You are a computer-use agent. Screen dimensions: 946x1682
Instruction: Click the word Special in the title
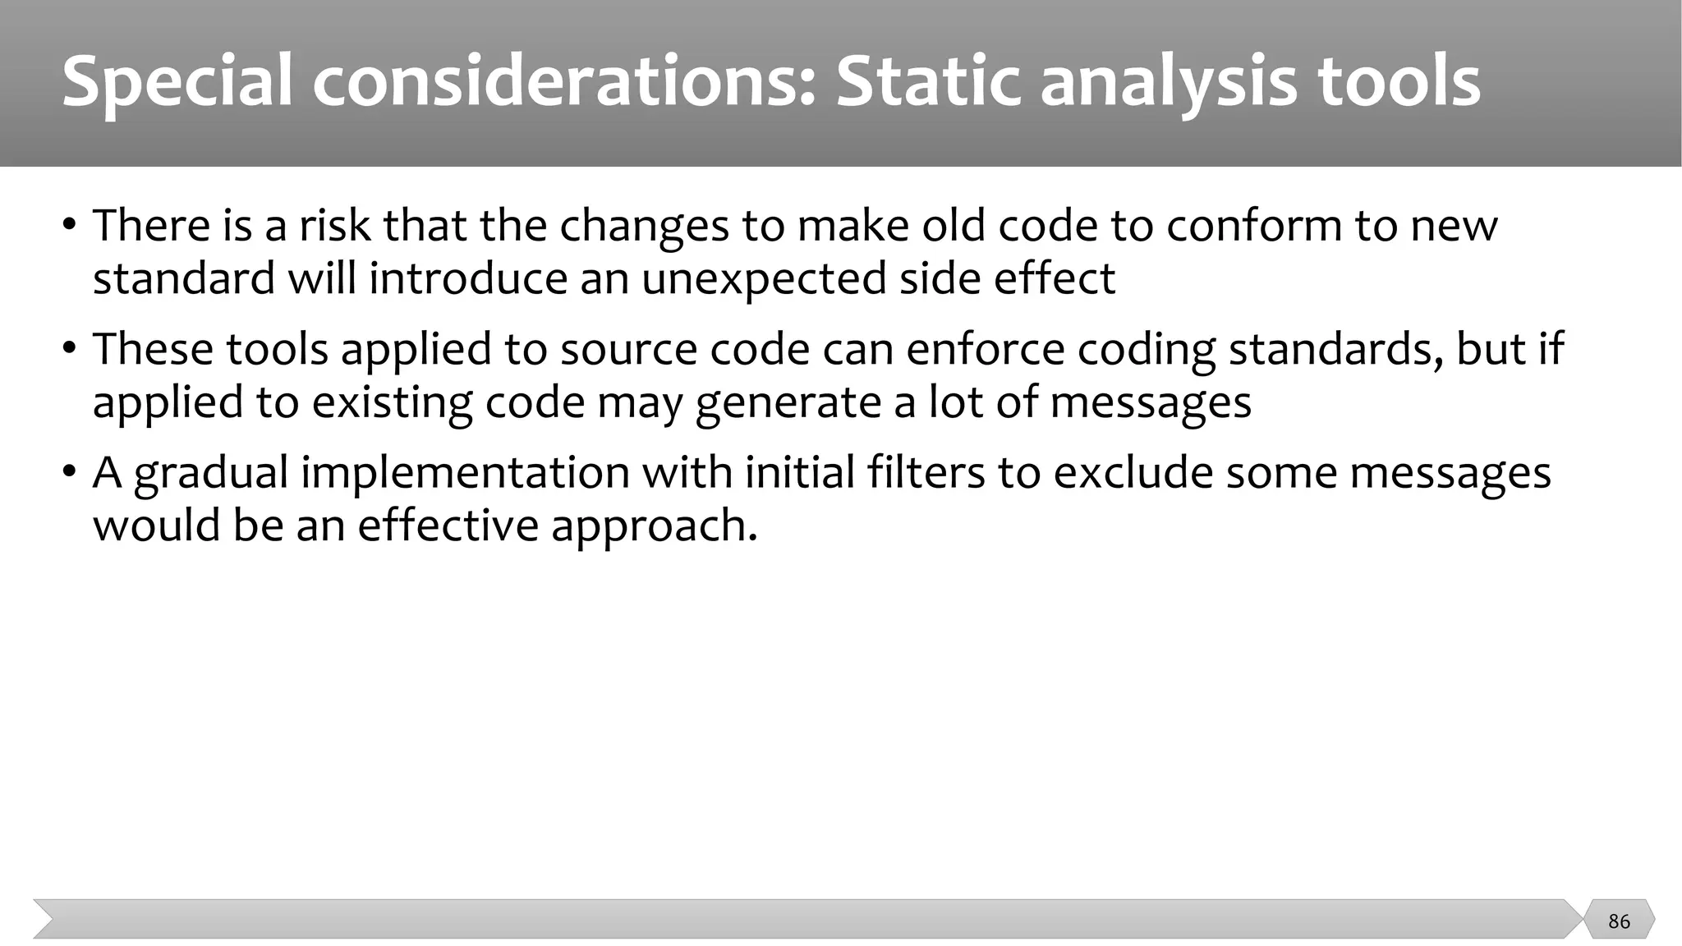pos(177,82)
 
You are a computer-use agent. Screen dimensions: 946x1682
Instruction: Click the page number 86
pos(1619,921)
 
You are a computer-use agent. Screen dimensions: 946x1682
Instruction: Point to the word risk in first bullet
pos(334,225)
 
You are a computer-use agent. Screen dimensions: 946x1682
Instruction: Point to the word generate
pos(793,402)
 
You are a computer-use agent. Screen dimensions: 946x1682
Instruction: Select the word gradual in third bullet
pos(210,473)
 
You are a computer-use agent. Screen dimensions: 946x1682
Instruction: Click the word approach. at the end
pos(654,526)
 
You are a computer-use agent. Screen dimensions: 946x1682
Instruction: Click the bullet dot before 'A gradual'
pos(69,474)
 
